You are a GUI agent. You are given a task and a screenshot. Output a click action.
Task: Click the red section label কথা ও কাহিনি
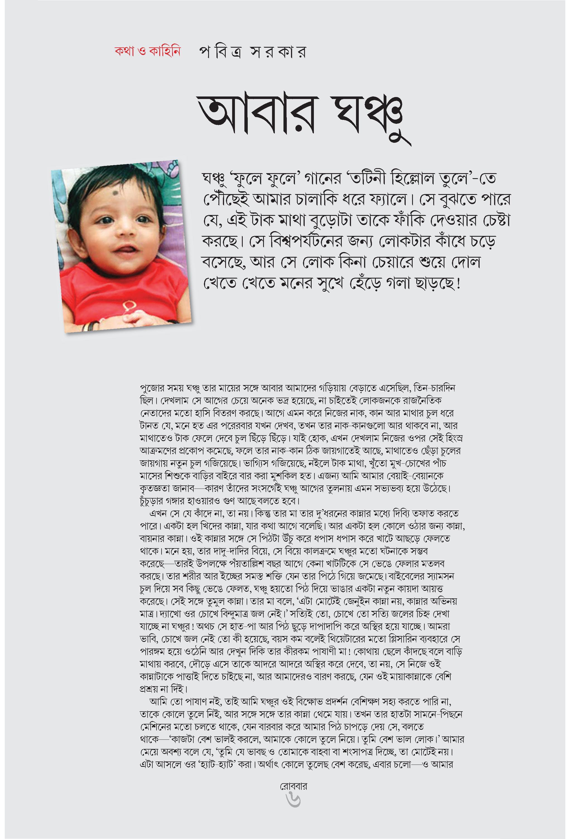click(x=147, y=52)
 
